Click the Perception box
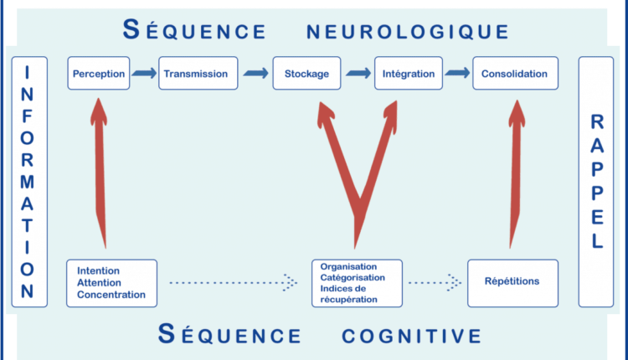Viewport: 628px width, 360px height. [x=99, y=73]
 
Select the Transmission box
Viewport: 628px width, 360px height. [x=198, y=73]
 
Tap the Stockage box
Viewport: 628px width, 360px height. [x=306, y=73]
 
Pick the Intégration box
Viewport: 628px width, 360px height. [x=409, y=73]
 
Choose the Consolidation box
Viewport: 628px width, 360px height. [x=516, y=73]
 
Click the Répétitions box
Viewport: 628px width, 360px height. [x=512, y=283]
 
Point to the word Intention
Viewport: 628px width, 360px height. [x=98, y=270]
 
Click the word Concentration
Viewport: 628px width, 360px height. [x=111, y=295]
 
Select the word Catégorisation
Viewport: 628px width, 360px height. [x=353, y=277]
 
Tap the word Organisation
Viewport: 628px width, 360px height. [x=348, y=267]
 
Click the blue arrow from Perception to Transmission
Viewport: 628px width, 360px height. [x=144, y=73]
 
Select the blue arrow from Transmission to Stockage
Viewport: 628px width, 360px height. [x=255, y=73]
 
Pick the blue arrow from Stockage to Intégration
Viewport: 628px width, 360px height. [x=358, y=73]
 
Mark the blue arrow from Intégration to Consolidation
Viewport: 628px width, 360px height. [x=457, y=73]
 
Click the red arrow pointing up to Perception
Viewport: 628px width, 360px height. [x=100, y=173]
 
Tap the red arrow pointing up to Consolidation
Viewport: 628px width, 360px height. [x=516, y=174]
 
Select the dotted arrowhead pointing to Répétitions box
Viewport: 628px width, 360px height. [x=454, y=283]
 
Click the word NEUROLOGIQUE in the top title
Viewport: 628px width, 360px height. [x=407, y=32]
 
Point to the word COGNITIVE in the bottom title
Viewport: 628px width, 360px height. [x=411, y=336]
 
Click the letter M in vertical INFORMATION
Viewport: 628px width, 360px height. [x=28, y=183]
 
